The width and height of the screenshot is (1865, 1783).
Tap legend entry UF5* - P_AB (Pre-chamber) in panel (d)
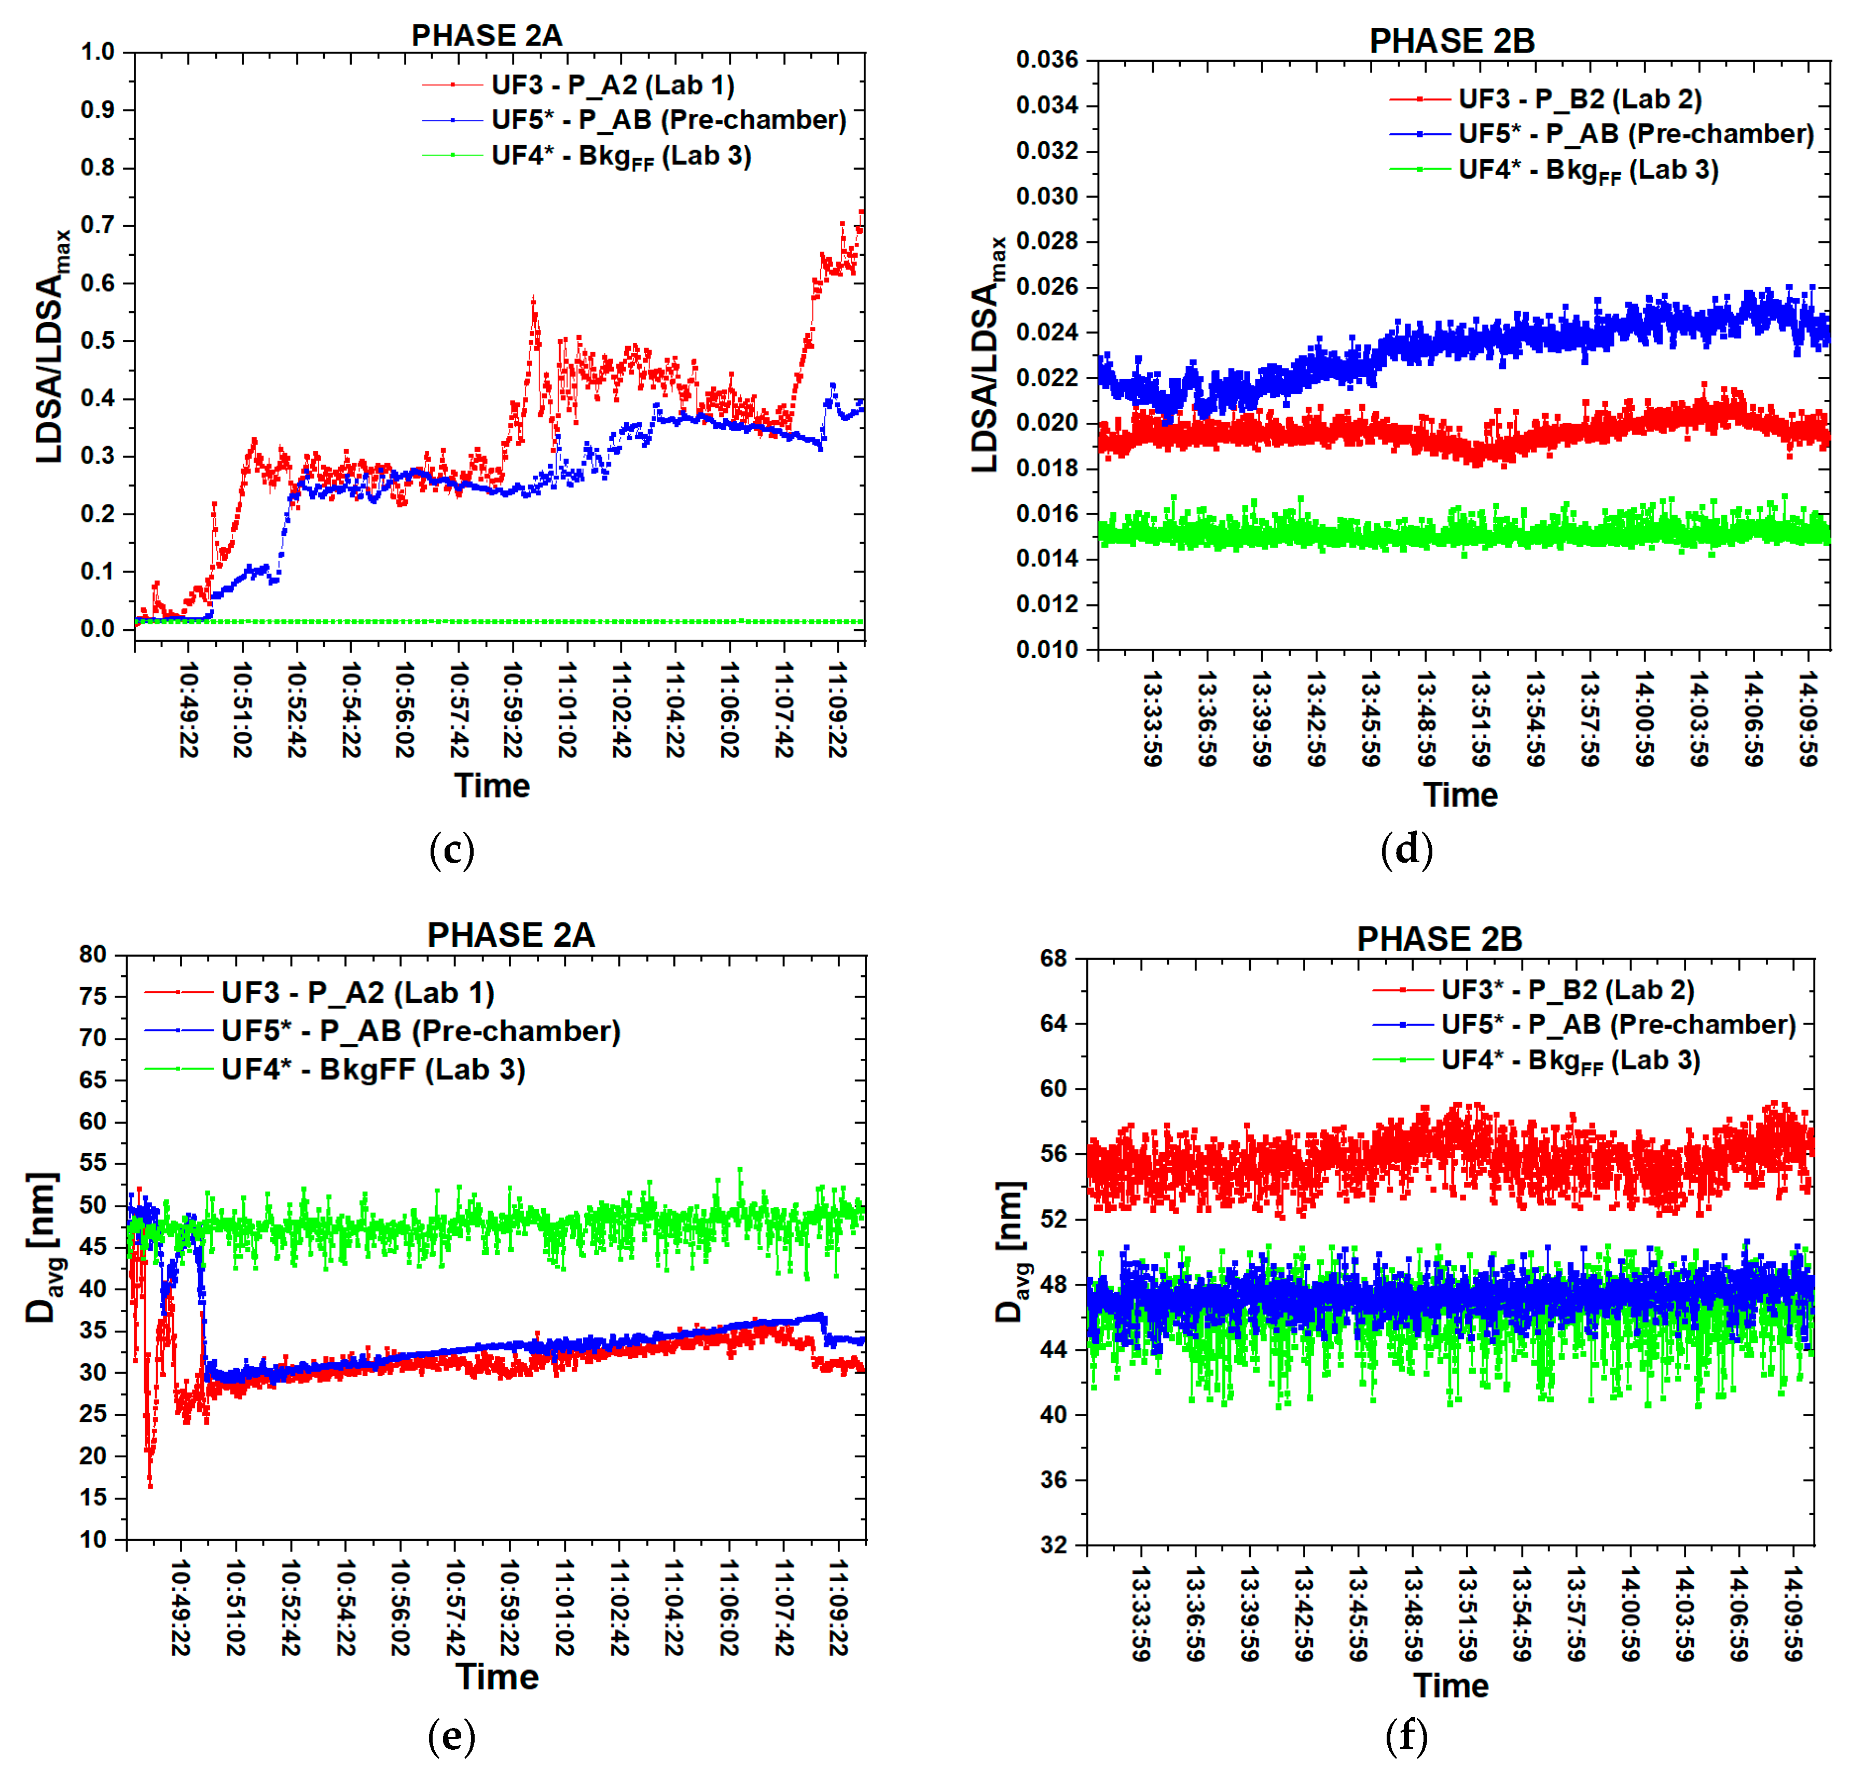[x=1635, y=134]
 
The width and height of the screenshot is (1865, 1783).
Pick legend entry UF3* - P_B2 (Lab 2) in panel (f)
[x=1567, y=989]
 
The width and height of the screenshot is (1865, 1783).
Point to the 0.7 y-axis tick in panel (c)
[x=97, y=225]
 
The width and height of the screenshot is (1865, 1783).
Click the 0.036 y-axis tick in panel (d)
[x=1046, y=60]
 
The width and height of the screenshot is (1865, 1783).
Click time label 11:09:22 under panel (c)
[x=836, y=710]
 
